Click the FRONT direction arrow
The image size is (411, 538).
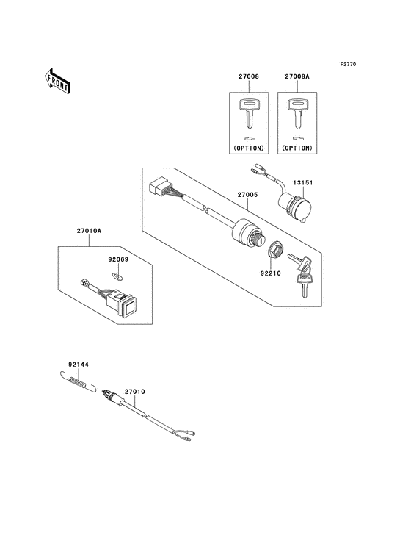pos(57,79)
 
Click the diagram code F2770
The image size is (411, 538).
pos(348,65)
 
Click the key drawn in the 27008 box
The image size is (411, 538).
pos(249,113)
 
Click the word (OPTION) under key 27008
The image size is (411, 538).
pos(249,148)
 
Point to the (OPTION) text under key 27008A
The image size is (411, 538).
pos(297,148)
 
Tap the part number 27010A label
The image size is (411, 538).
pos(89,231)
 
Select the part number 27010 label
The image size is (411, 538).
pos(134,392)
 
